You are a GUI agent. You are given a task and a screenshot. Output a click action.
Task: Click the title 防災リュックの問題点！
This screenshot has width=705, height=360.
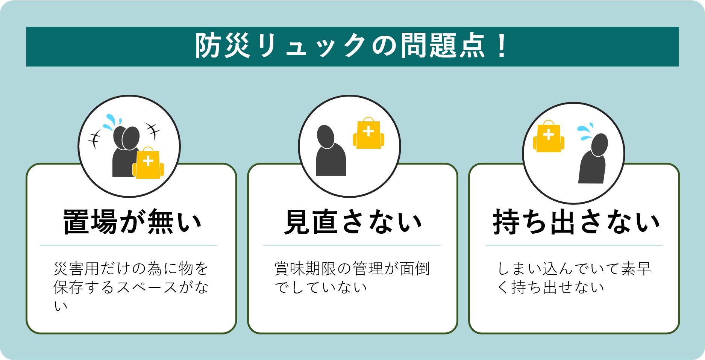tap(352, 46)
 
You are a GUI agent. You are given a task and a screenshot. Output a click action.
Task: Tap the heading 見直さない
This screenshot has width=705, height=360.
tap(353, 222)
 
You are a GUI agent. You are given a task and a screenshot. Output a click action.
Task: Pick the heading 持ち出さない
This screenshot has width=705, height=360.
tap(576, 222)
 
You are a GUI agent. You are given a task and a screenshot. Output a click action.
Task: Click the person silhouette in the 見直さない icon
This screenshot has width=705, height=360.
tap(331, 150)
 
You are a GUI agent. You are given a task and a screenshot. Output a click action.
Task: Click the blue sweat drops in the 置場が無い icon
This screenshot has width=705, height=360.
tap(112, 122)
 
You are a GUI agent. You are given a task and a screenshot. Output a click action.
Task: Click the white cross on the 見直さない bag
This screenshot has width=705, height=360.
tap(368, 131)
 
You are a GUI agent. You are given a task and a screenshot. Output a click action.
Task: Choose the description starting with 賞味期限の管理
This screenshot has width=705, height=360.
tap(352, 278)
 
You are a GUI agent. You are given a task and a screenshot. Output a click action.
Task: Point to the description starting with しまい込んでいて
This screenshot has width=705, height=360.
tap(574, 278)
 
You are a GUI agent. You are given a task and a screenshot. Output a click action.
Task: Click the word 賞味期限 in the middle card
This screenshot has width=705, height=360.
tap(305, 269)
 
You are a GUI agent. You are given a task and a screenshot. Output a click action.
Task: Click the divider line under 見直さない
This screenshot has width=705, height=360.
tap(352, 245)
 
